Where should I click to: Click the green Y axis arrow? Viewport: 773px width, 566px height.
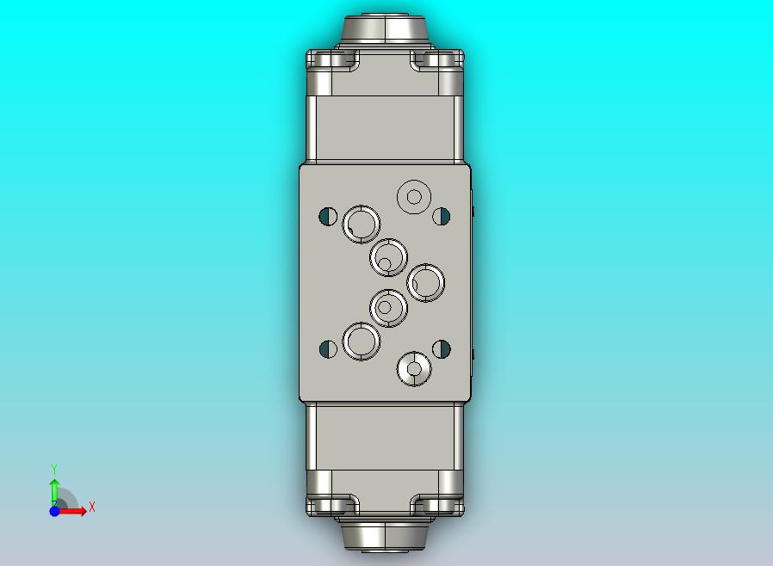[x=54, y=489]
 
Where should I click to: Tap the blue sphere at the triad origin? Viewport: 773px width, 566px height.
[x=54, y=511]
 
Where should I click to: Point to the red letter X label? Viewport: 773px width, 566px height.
[x=91, y=508]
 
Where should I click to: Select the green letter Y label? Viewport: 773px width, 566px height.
[x=54, y=469]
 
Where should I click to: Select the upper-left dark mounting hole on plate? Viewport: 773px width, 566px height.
[x=328, y=216]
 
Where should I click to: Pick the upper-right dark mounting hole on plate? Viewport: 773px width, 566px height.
[x=442, y=216]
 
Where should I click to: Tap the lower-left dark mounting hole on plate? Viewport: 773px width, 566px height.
[x=328, y=348]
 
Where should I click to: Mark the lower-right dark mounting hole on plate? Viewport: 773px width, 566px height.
[x=442, y=348]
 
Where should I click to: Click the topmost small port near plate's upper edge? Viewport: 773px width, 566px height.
[x=414, y=196]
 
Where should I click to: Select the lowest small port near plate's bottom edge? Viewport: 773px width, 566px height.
[x=414, y=369]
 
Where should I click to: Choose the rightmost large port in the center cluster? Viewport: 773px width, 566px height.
[x=425, y=282]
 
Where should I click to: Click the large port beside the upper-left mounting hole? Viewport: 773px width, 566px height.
[x=362, y=225]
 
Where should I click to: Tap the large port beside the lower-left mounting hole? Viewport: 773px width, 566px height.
[x=362, y=341]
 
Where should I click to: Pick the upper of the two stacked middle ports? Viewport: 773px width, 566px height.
[x=388, y=257]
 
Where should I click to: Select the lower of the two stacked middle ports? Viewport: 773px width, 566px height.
[x=388, y=307]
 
